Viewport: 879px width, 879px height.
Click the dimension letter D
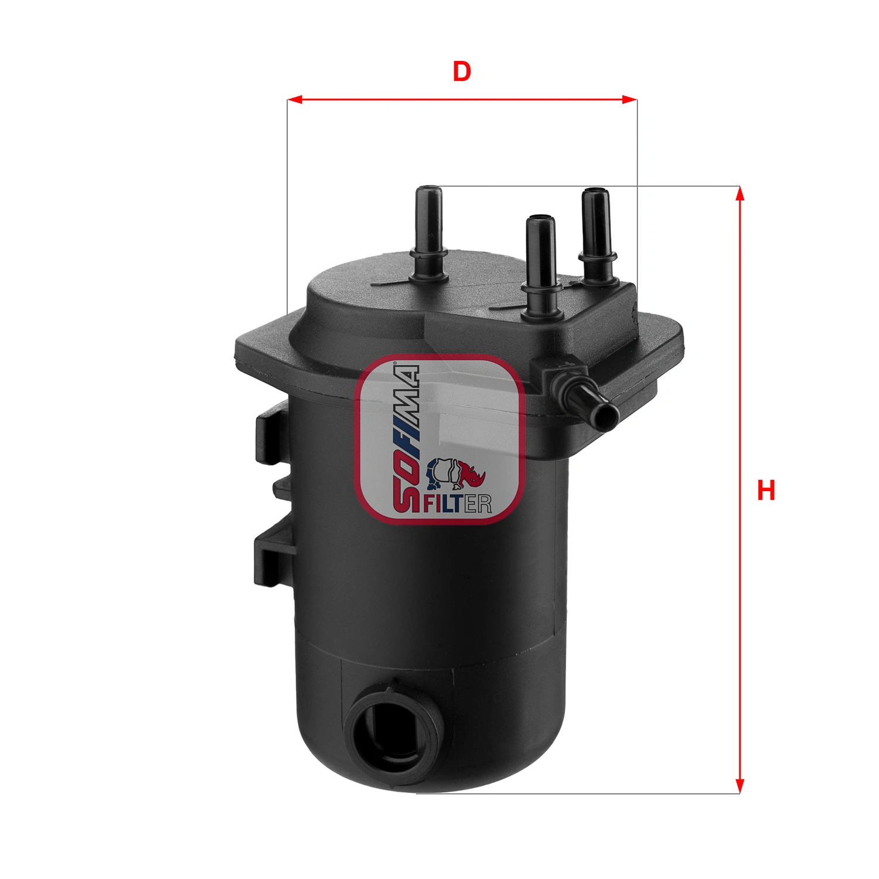click(x=462, y=71)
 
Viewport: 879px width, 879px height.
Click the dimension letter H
click(x=766, y=490)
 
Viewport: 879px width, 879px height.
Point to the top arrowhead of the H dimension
click(x=740, y=194)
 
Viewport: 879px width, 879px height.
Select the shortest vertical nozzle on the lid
click(x=541, y=264)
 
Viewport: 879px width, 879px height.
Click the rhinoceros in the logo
click(x=456, y=473)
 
